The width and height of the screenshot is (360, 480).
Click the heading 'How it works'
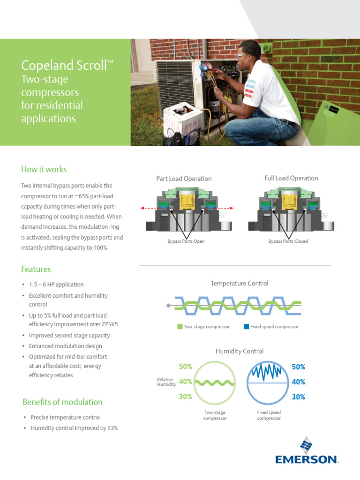[x=44, y=169]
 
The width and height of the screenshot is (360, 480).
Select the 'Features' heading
[x=36, y=269]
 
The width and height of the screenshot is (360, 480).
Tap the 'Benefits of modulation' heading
[x=62, y=402]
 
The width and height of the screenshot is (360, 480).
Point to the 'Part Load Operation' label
[x=184, y=179]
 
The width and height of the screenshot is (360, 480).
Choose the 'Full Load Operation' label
[x=291, y=178]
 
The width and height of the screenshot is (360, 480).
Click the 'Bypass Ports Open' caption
[x=186, y=241]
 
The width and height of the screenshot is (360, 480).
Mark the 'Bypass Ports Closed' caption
[x=288, y=241]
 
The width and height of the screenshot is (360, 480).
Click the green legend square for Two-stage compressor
[x=180, y=327]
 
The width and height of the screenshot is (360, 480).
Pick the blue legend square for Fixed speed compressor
[x=246, y=327]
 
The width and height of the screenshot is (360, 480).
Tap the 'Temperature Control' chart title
[x=240, y=283]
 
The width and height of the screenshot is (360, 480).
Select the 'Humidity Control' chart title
[x=240, y=351]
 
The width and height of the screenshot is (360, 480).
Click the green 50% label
[x=186, y=366]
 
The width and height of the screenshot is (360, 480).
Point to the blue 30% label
[x=299, y=397]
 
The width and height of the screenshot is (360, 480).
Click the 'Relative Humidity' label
[x=165, y=382]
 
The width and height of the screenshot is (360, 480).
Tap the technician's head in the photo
[x=249, y=52]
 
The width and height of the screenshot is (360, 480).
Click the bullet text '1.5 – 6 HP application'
[x=56, y=285]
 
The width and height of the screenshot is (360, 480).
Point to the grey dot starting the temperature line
[x=168, y=305]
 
